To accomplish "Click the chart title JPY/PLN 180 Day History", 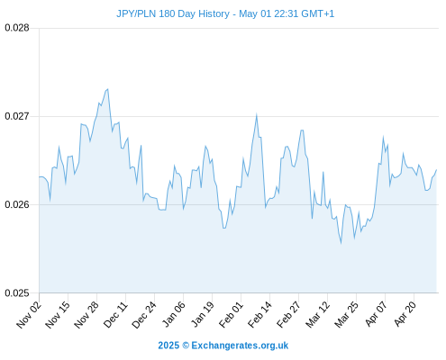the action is point(173,13).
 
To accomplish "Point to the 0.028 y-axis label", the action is point(17,28).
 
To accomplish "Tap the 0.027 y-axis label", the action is point(17,116).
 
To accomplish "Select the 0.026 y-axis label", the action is point(17,204).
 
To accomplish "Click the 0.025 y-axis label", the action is point(17,292).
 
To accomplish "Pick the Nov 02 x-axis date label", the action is point(29,315).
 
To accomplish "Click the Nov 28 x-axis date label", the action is point(86,315).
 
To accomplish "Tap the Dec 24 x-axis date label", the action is point(144,315).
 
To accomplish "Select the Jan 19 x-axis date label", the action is point(203,314).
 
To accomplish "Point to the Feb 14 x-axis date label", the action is point(259,315).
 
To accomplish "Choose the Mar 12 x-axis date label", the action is point(317,315).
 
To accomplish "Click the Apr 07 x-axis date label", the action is point(376,314).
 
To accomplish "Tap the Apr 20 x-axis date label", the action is point(405,314).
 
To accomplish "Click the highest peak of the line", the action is point(108,89).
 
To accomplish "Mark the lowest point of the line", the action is point(341,243).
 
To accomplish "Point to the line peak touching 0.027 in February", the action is point(256,115).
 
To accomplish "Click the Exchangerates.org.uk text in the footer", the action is point(240,346).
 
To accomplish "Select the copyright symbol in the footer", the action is point(186,346).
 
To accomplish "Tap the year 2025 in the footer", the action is point(168,346).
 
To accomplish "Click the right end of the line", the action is point(436,170).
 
